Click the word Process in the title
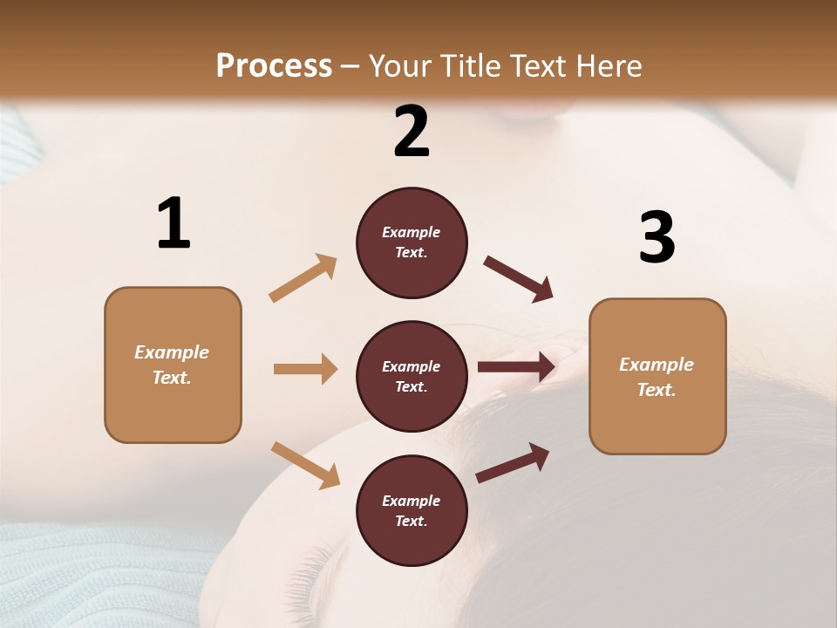[274, 66]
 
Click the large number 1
[174, 224]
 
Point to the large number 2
[412, 132]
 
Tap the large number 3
[657, 238]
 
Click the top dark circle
[412, 242]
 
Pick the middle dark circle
[412, 376]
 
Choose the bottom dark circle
[412, 510]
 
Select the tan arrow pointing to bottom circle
[305, 465]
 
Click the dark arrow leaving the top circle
[519, 278]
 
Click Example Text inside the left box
[172, 365]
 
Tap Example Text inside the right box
[657, 377]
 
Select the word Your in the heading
[399, 66]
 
